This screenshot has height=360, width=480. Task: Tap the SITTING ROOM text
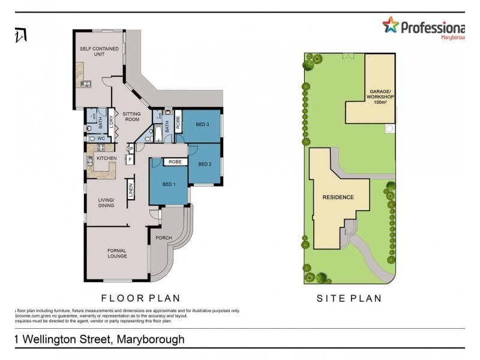131,116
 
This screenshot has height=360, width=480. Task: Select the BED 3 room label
202,124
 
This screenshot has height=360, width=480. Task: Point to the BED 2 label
205,164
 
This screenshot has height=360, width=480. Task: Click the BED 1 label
169,184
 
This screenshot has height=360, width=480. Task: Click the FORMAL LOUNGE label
117,253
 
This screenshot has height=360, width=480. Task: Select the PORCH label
164,238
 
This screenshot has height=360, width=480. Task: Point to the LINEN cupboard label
131,191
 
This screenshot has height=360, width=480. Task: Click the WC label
101,139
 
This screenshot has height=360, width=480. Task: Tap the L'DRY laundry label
111,119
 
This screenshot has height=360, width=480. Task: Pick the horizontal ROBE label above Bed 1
175,162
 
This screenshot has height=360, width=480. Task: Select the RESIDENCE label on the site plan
338,197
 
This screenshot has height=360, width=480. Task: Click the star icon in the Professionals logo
391,25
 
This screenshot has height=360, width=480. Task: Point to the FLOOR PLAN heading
140,298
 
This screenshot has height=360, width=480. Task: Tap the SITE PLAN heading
349,298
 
